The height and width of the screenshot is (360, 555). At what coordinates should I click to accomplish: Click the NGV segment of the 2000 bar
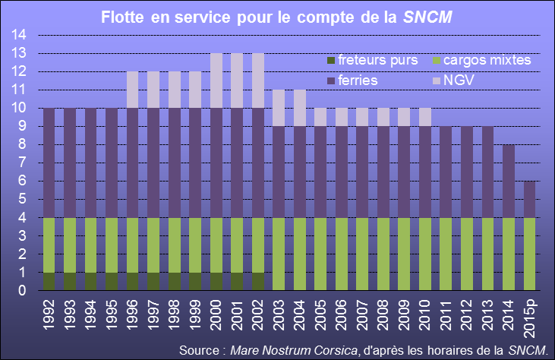pyautogui.click(x=216, y=81)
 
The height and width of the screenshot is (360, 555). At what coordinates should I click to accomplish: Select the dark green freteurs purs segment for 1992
pyautogui.click(x=49, y=282)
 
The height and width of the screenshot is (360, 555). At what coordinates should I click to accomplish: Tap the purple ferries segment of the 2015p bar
pyautogui.click(x=529, y=199)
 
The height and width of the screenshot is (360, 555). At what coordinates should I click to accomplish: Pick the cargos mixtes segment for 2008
pyautogui.click(x=383, y=254)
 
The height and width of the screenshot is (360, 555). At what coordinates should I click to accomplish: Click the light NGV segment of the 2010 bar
pyautogui.click(x=425, y=117)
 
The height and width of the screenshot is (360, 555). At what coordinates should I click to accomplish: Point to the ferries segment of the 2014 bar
pyautogui.click(x=509, y=182)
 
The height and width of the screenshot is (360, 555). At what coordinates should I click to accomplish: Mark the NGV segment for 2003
pyautogui.click(x=279, y=108)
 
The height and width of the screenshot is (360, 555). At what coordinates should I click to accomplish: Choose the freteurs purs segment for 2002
pyautogui.click(x=258, y=282)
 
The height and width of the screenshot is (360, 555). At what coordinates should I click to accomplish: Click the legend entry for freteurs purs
pyautogui.click(x=373, y=60)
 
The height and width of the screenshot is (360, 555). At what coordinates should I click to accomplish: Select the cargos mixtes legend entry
pyautogui.click(x=482, y=60)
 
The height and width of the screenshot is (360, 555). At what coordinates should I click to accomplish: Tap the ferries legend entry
pyautogui.click(x=352, y=81)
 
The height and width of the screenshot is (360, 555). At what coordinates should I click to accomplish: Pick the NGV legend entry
pyautogui.click(x=453, y=81)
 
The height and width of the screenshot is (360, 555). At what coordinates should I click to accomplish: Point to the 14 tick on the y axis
pyautogui.click(x=18, y=35)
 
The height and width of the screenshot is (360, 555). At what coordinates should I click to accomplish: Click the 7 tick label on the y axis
pyautogui.click(x=22, y=163)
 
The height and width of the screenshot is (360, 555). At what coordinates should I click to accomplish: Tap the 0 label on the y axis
pyautogui.click(x=22, y=291)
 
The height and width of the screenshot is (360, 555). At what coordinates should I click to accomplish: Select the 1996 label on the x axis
pyautogui.click(x=132, y=315)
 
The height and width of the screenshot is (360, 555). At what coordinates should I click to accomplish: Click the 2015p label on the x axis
pyautogui.click(x=529, y=318)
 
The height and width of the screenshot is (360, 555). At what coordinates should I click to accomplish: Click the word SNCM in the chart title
pyautogui.click(x=427, y=17)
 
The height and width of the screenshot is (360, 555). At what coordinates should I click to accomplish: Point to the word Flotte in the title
pyautogui.click(x=122, y=17)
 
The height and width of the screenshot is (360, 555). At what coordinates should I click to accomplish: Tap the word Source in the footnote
pyautogui.click(x=199, y=350)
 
